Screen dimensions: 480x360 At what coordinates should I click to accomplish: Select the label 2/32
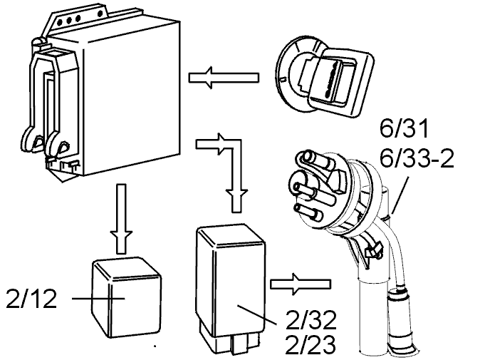pyautogui.click(x=311, y=320)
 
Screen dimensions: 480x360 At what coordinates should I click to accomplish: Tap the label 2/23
pyautogui.click(x=310, y=344)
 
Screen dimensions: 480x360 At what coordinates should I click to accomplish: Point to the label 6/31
pyautogui.click(x=404, y=129)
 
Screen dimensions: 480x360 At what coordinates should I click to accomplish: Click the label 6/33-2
pyautogui.click(x=417, y=158)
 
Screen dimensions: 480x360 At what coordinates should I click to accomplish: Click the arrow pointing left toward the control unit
pyautogui.click(x=224, y=78)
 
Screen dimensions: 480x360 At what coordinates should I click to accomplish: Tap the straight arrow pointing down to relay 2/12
pyautogui.click(x=122, y=219)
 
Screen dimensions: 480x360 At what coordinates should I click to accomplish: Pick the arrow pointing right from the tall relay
pyautogui.click(x=301, y=284)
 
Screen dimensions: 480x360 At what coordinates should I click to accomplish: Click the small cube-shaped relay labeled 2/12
pyautogui.click(x=127, y=297)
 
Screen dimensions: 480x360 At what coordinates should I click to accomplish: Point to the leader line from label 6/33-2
pyautogui.click(x=400, y=195)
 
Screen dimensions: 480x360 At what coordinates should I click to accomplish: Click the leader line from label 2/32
pyautogui.click(x=257, y=314)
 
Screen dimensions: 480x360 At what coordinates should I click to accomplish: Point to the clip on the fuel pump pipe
pyautogui.click(x=372, y=249)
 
